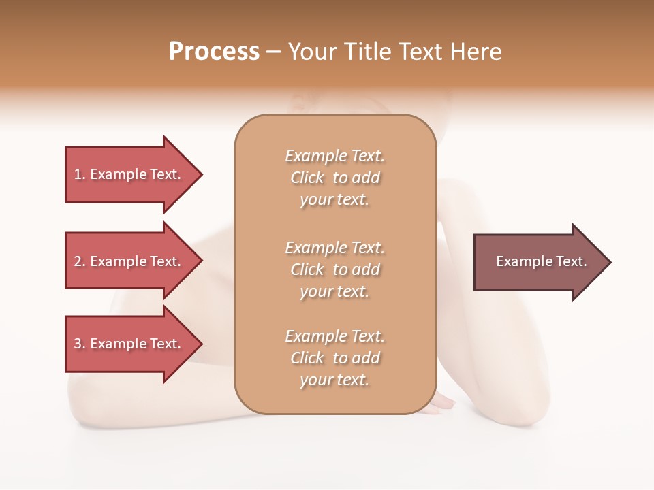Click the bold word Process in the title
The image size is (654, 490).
click(214, 52)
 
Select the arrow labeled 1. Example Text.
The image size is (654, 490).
click(129, 174)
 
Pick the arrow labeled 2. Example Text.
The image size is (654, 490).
click(129, 261)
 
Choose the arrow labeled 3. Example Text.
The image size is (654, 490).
click(129, 344)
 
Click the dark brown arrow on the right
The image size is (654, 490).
click(538, 262)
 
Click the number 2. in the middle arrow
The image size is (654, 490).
click(80, 261)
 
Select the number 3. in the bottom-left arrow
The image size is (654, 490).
click(80, 344)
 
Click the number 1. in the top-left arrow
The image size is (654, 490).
click(80, 174)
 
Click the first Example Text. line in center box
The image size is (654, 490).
click(334, 156)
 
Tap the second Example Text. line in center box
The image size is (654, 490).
click(334, 248)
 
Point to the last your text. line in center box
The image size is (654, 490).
click(334, 380)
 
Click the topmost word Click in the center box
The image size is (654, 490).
click(307, 178)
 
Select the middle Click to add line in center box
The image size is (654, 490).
click(334, 269)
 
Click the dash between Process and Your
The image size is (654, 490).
click(273, 52)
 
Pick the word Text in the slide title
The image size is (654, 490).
click(420, 52)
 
